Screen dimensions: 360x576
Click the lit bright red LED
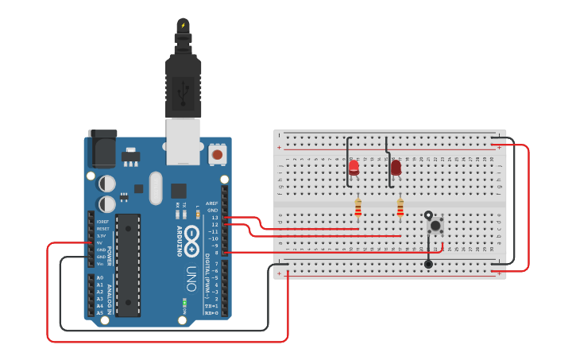tap(354, 167)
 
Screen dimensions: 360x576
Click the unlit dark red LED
tap(396, 168)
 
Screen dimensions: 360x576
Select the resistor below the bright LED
tap(358, 208)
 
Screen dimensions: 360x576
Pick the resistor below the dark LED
tap(400, 208)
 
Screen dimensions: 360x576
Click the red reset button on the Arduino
tap(216, 154)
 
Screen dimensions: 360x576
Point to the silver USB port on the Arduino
tap(183, 141)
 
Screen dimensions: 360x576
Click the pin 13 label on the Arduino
tap(214, 217)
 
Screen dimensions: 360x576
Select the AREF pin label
tap(211, 203)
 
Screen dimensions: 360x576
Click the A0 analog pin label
tap(99, 277)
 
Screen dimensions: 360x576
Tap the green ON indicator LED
tap(184, 303)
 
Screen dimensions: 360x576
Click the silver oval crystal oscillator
tap(156, 188)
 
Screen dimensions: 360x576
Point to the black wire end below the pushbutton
tap(428, 264)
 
